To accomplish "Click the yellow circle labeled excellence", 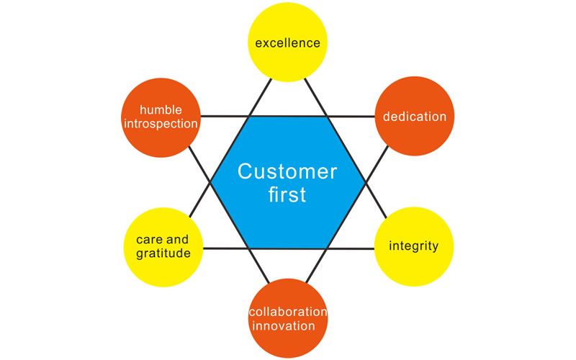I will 287,42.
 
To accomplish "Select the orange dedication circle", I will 414,117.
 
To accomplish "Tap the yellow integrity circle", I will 414,246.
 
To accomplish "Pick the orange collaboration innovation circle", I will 287,318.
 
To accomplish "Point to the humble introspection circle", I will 159,117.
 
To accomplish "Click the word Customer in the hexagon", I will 287,171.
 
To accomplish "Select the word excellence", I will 287,42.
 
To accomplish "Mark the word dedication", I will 414,117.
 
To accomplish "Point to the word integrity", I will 414,246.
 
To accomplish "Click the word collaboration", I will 287,312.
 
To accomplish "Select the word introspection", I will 159,123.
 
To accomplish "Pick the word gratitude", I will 163,253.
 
